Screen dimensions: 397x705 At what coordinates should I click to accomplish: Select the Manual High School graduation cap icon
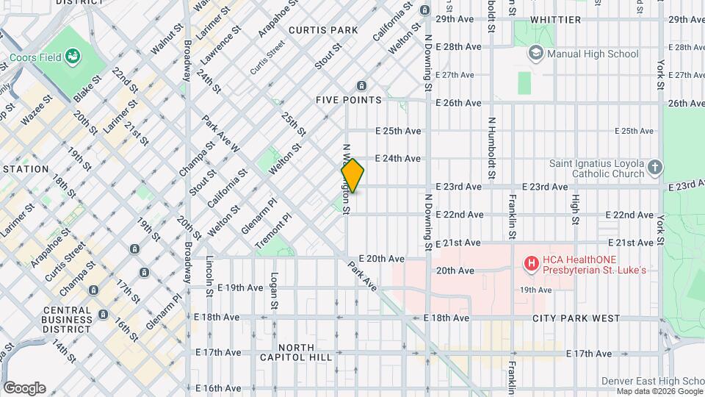535,53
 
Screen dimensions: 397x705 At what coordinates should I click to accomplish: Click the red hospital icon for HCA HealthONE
531,262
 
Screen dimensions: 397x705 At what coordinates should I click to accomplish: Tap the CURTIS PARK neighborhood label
323,30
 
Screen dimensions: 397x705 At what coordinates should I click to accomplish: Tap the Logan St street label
273,291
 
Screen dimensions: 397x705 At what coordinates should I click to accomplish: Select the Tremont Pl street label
273,230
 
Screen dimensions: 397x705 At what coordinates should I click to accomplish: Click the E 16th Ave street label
218,388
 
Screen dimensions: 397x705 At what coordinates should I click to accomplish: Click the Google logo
24,388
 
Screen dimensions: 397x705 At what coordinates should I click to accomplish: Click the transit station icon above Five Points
361,85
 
